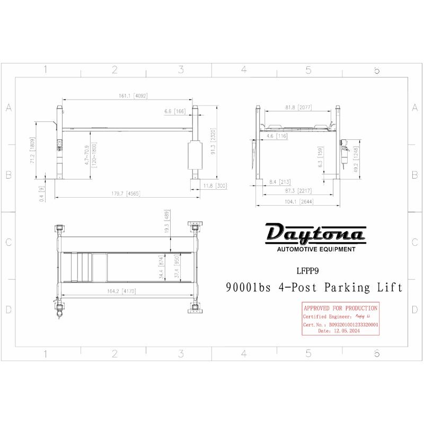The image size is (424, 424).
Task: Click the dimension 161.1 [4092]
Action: click(x=126, y=96)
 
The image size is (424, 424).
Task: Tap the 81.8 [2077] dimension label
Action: click(x=298, y=108)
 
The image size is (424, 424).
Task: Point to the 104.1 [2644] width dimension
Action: click(x=298, y=202)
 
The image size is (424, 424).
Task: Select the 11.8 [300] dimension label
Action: click(x=215, y=185)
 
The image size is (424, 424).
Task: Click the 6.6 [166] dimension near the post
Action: click(x=175, y=112)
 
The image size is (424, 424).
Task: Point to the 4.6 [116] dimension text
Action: click(x=276, y=136)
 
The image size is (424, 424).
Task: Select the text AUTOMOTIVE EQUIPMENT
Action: click(x=316, y=249)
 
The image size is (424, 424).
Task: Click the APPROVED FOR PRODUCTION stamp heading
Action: click(x=340, y=308)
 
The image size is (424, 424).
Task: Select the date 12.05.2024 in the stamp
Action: click(x=346, y=330)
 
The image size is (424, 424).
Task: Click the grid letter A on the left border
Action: click(x=8, y=108)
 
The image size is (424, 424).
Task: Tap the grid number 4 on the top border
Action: click(x=244, y=69)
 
